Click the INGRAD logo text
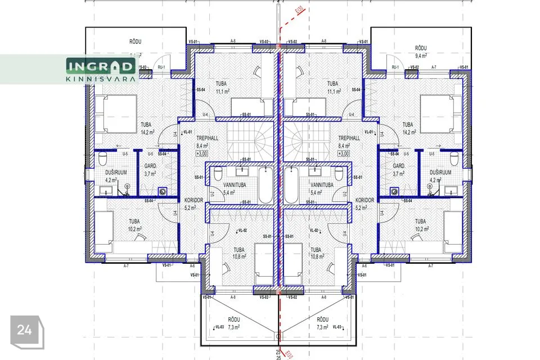pyautogui.click(x=101, y=67)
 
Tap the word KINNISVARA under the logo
pyautogui.click(x=101, y=79)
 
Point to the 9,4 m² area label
pyautogui.click(x=422, y=56)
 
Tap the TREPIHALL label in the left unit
pyautogui.click(x=207, y=137)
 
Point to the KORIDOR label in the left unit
pyautogui.click(x=193, y=200)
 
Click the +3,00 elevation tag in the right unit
pyautogui.click(x=344, y=153)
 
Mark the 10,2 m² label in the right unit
pyautogui.click(x=422, y=229)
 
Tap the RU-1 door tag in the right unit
pyautogui.click(x=394, y=67)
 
